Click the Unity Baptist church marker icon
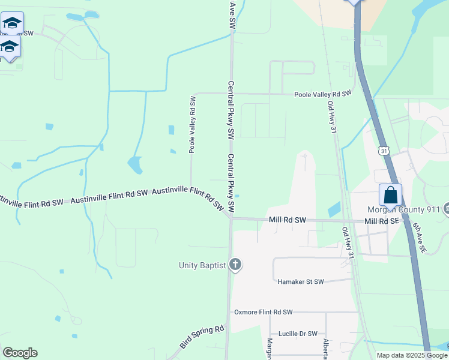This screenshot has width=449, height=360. tap(235, 265)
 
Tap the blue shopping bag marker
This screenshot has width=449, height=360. tap(390, 195)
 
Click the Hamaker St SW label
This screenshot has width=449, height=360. tap(300, 281)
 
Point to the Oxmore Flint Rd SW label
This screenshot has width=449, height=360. tap(263, 312)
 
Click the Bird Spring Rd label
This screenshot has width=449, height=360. tap(202, 337)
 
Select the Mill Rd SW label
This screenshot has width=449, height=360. tap(288, 220)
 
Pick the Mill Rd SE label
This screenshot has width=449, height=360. tap(381, 221)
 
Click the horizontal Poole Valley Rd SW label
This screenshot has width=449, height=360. tap(322, 94)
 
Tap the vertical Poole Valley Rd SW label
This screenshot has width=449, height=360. tap(192, 124)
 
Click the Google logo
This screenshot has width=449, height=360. tap(20, 353)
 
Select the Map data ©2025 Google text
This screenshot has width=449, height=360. tap(411, 355)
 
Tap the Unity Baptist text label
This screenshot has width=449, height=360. tap(202, 265)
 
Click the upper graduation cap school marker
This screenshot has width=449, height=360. tap(12, 24)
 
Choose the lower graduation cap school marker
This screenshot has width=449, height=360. tap(9, 47)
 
